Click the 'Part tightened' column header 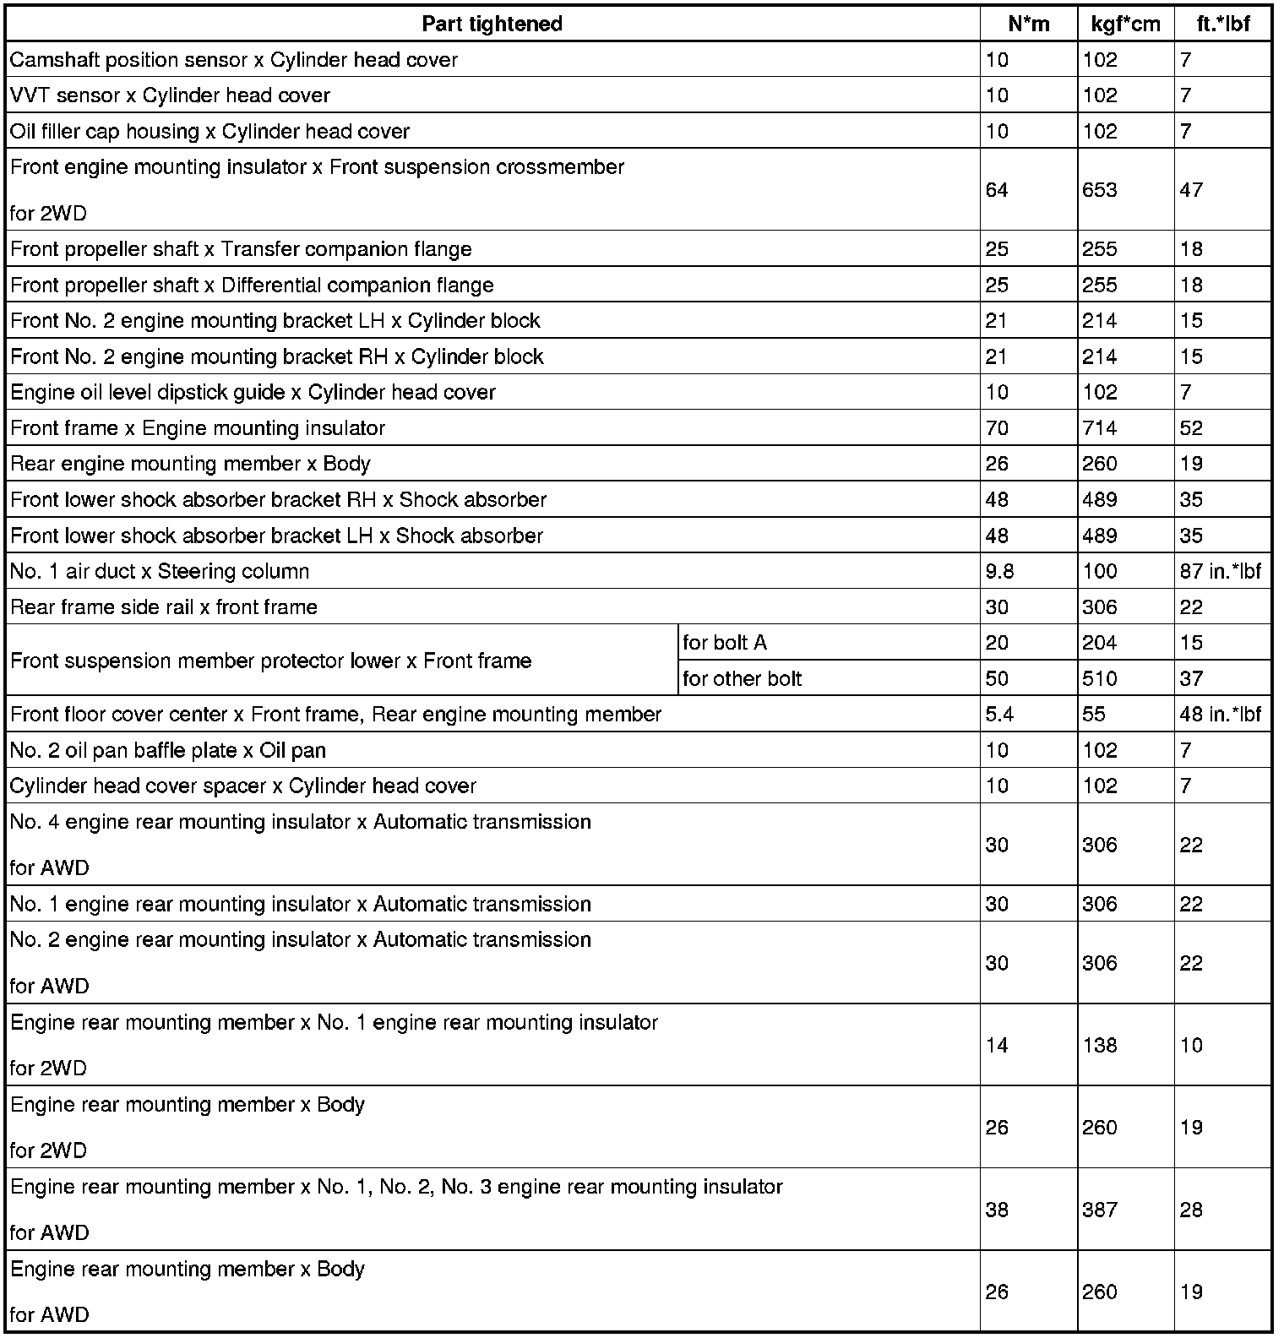[x=492, y=24]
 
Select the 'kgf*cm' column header [x=1125, y=24]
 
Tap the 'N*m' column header [x=1028, y=24]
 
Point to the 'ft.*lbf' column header [x=1222, y=24]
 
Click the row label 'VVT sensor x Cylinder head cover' [x=170, y=95]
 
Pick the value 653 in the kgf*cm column [x=1099, y=190]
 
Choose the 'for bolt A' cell [x=725, y=643]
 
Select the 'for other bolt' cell [x=742, y=678]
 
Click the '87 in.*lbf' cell [x=1220, y=571]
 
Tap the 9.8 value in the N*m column [x=999, y=571]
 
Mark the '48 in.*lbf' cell [x=1220, y=715]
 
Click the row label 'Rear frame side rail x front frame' [x=164, y=607]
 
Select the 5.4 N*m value [x=999, y=715]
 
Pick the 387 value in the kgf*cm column [x=1099, y=1210]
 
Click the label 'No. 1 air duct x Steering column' [x=160, y=571]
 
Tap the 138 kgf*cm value [x=1099, y=1046]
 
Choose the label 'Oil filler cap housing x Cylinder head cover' [x=209, y=132]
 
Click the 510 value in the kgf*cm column [x=1099, y=678]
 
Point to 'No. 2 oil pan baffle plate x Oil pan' [x=167, y=750]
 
